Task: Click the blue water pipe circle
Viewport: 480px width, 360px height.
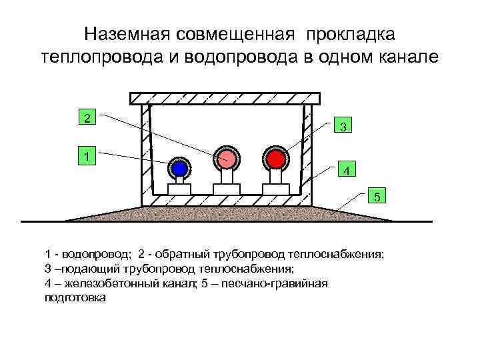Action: click(x=179, y=169)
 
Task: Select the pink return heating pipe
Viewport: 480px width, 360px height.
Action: click(x=226, y=158)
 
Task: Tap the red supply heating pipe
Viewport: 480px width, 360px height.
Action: click(x=275, y=158)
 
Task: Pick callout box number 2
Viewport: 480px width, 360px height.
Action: click(x=86, y=118)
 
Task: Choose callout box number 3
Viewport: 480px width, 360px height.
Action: click(x=342, y=125)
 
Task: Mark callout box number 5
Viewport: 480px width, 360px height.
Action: click(x=377, y=197)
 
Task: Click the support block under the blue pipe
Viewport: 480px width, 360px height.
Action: click(x=179, y=189)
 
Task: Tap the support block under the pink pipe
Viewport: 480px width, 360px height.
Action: click(x=226, y=189)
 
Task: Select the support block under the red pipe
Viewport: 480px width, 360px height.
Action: click(x=275, y=189)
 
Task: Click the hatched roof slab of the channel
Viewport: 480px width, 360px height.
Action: click(x=226, y=99)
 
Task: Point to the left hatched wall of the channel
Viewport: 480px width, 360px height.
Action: click(x=146, y=153)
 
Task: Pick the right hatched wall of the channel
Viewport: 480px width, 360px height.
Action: click(x=307, y=153)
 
